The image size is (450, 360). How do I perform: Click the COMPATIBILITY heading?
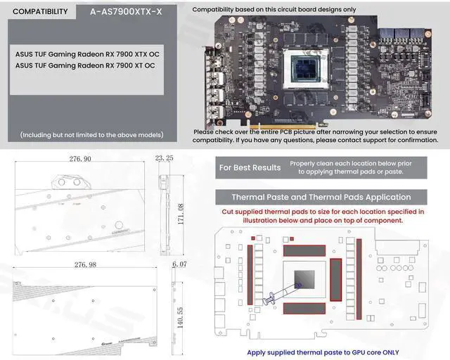pyautogui.click(x=41, y=11)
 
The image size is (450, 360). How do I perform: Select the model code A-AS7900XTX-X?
pyautogui.click(x=126, y=11)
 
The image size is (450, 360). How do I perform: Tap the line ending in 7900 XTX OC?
pyautogui.click(x=87, y=53)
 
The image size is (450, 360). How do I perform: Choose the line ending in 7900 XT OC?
pyautogui.click(x=85, y=65)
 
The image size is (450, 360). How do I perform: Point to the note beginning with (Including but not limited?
pyautogui.click(x=91, y=135)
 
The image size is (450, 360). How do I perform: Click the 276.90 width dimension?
pyautogui.click(x=77, y=160)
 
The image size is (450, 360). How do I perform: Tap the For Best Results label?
pyautogui.click(x=250, y=167)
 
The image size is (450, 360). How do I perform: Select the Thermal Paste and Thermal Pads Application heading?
pyautogui.click(x=321, y=198)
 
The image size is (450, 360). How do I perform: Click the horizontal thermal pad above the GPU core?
pyautogui.click(x=304, y=250)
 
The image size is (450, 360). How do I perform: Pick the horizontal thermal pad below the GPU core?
pyautogui.click(x=304, y=308)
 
